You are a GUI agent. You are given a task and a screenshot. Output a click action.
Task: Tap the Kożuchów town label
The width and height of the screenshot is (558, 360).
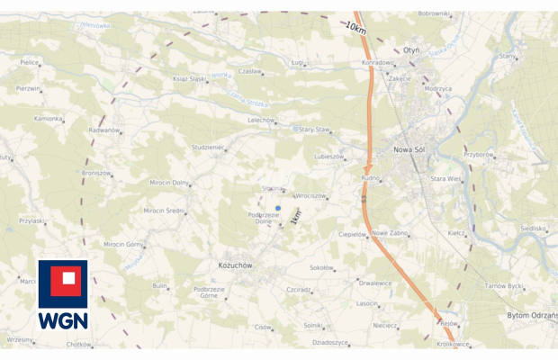236,265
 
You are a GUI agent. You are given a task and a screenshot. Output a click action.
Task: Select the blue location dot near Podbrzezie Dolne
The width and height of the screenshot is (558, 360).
278,208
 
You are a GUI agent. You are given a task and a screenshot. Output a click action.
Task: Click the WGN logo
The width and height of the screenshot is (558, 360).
63,296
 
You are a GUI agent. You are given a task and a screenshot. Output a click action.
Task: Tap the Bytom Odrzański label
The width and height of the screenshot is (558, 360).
530,315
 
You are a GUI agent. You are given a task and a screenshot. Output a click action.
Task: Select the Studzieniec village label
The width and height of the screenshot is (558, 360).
208,147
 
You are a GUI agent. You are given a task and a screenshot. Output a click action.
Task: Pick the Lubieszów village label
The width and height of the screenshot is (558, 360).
328,156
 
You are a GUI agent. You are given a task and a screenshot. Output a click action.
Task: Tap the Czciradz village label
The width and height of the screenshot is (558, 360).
298,290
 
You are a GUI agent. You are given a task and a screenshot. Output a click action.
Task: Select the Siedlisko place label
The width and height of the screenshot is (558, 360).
533,229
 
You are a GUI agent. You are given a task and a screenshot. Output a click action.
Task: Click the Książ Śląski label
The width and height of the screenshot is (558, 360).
190,79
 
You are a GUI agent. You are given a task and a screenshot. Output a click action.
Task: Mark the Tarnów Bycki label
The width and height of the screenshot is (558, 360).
504,285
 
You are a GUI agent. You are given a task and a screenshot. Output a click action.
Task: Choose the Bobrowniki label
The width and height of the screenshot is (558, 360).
433,13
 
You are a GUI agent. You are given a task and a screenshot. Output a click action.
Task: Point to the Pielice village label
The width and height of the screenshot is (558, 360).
30,63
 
